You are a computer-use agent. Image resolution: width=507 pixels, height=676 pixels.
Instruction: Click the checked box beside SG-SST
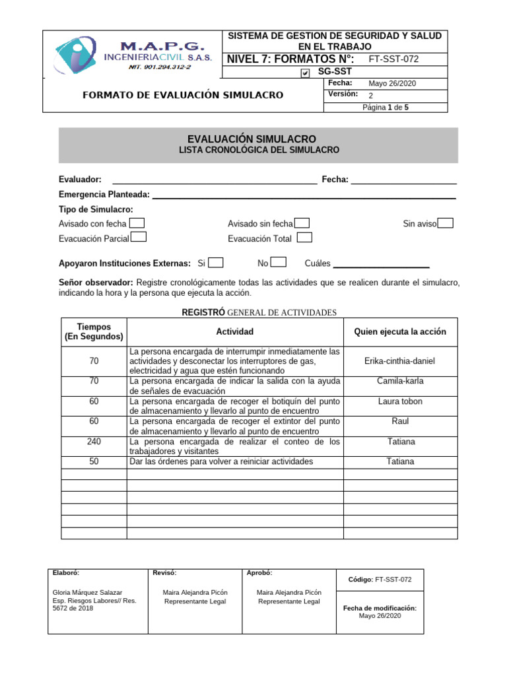304,73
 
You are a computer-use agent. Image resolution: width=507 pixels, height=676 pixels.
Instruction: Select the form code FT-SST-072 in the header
393,59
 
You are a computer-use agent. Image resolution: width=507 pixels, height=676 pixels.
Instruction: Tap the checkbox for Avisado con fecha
137,224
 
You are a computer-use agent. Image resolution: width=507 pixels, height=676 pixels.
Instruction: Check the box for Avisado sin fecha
302,224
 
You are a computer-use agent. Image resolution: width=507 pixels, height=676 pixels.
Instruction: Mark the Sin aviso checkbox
446,224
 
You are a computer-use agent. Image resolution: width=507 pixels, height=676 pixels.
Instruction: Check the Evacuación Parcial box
139,238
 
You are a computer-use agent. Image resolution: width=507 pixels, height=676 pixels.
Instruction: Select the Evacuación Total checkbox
304,238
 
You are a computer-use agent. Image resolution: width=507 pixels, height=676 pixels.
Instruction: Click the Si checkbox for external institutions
216,263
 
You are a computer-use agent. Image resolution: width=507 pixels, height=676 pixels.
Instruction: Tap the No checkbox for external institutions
279,263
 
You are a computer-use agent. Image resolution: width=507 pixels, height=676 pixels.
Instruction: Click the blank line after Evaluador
215,180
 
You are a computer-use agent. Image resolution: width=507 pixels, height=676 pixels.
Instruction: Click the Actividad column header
234,332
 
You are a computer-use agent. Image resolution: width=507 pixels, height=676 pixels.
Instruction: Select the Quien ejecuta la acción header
400,332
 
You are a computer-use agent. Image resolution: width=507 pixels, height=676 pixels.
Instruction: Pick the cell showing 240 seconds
94,442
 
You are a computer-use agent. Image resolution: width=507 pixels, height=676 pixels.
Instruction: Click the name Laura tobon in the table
400,401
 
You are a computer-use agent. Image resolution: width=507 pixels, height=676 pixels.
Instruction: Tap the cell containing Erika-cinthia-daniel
400,361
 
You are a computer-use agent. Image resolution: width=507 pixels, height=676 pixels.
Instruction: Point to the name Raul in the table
400,421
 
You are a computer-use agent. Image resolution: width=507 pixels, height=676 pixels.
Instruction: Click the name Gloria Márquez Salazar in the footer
87,593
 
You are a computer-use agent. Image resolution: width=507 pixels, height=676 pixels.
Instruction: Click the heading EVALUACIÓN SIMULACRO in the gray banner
252,139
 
